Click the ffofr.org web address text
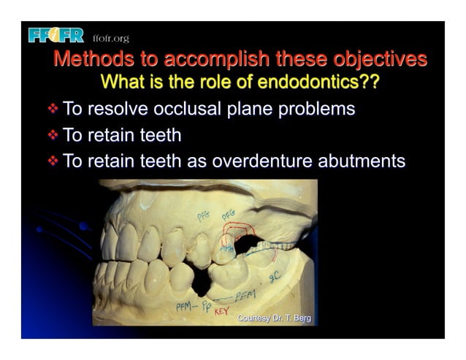coord(110,38)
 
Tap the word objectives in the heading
coord(381,58)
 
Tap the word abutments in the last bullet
coord(368,161)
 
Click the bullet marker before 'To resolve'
coord(52,110)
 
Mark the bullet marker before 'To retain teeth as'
coord(52,161)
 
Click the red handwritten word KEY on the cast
coord(221,311)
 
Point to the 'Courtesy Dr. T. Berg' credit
coord(274,318)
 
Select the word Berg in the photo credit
coord(299,318)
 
